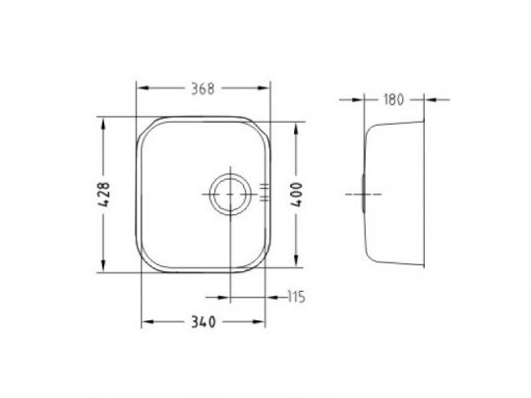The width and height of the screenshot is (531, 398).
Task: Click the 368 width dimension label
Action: (x=203, y=88)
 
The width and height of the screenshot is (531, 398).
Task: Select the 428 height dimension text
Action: (x=104, y=195)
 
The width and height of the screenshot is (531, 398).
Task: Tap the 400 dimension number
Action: (x=296, y=195)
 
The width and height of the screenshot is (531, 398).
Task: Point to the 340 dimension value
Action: (x=204, y=322)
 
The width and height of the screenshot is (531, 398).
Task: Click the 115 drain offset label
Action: (x=296, y=297)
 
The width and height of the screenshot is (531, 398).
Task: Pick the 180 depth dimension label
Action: (x=393, y=100)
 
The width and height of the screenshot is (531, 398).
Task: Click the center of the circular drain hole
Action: (x=230, y=195)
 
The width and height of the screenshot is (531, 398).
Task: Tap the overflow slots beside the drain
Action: (x=265, y=193)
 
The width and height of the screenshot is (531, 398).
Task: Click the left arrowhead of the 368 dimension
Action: (x=144, y=88)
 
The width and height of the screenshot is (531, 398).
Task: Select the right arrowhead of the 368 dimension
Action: (x=264, y=88)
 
